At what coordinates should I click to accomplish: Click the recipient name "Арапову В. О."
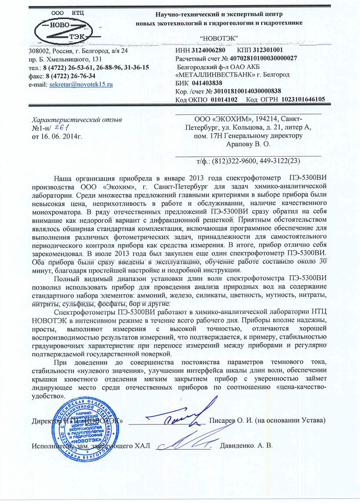coord(248,144)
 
